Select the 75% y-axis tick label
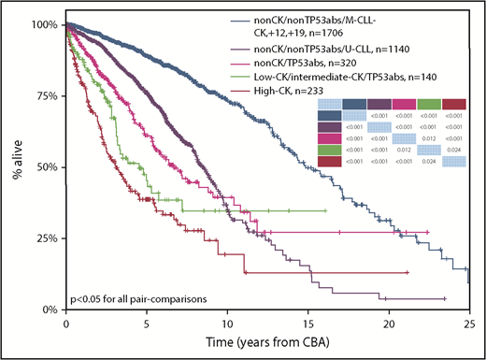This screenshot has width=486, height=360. (48, 95)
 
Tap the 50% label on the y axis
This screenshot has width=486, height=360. (48, 166)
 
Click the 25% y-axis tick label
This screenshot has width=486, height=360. (48, 238)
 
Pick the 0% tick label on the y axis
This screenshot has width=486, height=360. (50, 310)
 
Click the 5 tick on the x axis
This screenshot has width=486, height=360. (146, 322)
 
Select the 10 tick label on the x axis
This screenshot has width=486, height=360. (226, 322)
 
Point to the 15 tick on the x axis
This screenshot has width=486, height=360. (307, 322)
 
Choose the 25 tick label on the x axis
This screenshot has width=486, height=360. (468, 322)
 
